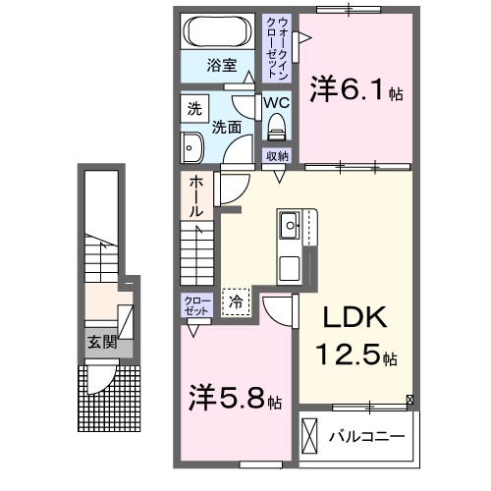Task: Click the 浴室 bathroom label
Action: [x=221, y=66]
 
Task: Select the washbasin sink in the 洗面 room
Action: [x=191, y=148]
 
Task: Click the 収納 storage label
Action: [x=277, y=156]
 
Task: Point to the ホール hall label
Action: [x=197, y=195]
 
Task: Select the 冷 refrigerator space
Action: [x=236, y=301]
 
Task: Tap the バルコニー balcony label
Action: [x=367, y=434]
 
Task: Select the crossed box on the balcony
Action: [x=310, y=434]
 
